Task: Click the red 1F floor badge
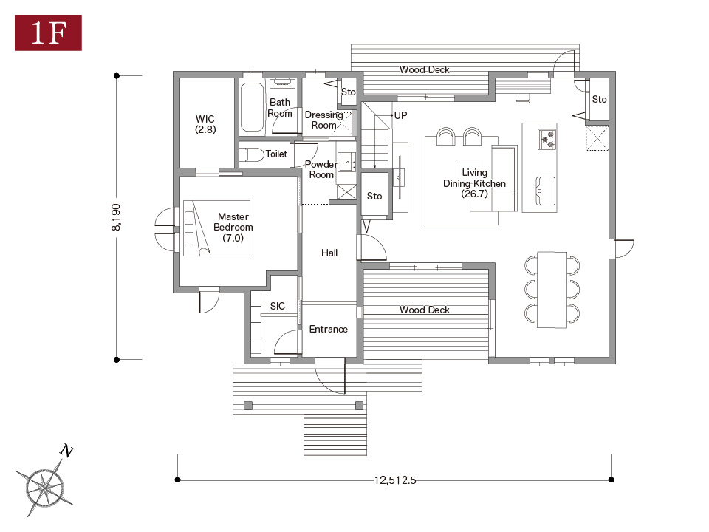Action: (49, 33)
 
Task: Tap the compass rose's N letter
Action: (67, 451)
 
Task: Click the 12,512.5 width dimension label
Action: (394, 480)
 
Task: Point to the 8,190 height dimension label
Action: (116, 217)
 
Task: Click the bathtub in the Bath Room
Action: (252, 107)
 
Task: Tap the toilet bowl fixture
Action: (251, 154)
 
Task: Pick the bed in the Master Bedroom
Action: (216, 228)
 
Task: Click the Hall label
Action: (329, 253)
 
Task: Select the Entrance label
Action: (328, 330)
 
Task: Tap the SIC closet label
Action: (278, 306)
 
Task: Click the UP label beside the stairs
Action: (400, 115)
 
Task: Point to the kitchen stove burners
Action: (547, 139)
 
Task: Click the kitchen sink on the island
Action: (546, 191)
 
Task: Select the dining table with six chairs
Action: (552, 290)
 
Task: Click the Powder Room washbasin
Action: (347, 162)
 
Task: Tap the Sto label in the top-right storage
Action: (600, 99)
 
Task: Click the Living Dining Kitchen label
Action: (474, 183)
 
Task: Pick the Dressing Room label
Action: (323, 120)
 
